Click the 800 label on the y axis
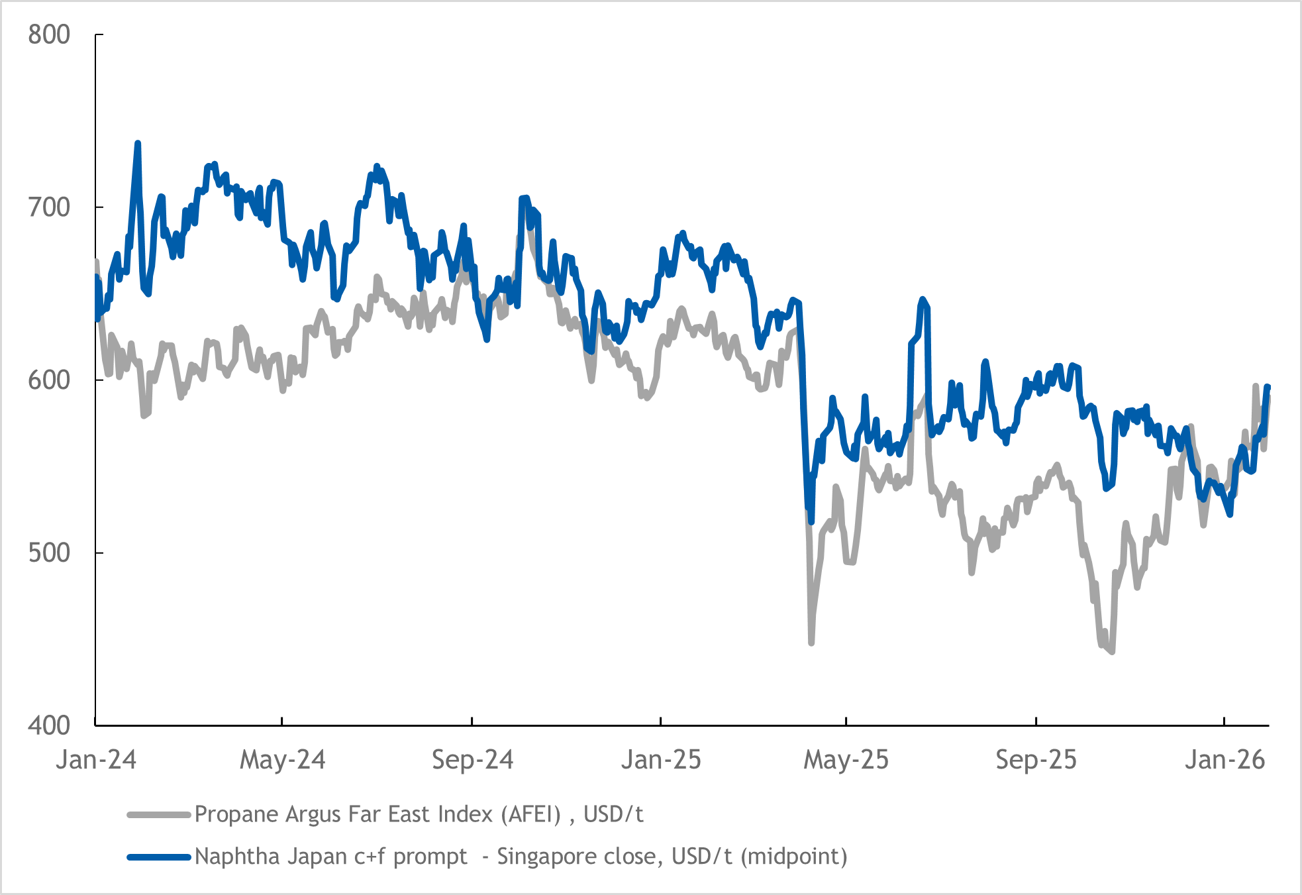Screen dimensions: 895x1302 48,34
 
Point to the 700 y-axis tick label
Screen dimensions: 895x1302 48,207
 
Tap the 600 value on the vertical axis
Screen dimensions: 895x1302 48,380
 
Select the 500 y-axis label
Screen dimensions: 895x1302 48,553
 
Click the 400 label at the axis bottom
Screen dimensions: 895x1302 48,725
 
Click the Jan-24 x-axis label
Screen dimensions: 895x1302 96,760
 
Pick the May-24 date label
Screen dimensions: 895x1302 282,760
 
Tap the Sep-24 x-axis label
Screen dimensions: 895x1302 472,760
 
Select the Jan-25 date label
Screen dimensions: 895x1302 660,760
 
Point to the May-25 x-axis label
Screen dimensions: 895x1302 846,760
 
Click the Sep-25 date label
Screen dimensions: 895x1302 1036,760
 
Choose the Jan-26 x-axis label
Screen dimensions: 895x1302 1225,760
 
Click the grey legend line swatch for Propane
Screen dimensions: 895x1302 159,814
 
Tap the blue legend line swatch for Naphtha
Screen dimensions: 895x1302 159,857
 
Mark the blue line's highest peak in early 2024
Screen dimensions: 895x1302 138,143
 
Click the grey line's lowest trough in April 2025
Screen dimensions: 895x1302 811,642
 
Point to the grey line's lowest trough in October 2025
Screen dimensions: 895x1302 1112,652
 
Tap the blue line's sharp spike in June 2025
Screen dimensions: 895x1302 923,299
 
